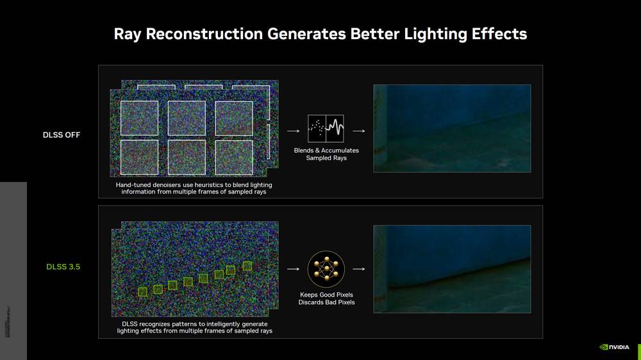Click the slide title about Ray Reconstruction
point(320,34)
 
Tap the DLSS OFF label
point(62,135)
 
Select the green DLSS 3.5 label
point(63,266)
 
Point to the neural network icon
point(326,269)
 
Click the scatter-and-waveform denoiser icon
point(326,129)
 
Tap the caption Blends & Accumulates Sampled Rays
point(326,154)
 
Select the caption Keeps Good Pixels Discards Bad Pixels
point(326,299)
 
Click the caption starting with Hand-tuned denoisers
point(194,188)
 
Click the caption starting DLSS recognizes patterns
point(194,327)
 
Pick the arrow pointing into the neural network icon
point(293,269)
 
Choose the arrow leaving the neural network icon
point(359,269)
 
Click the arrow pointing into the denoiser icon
point(293,131)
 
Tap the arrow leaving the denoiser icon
point(359,131)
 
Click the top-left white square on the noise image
point(139,118)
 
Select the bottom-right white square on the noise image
point(233,157)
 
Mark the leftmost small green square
point(142,291)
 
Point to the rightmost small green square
point(247,266)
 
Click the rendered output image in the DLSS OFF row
point(452,128)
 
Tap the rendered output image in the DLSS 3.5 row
point(452,268)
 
